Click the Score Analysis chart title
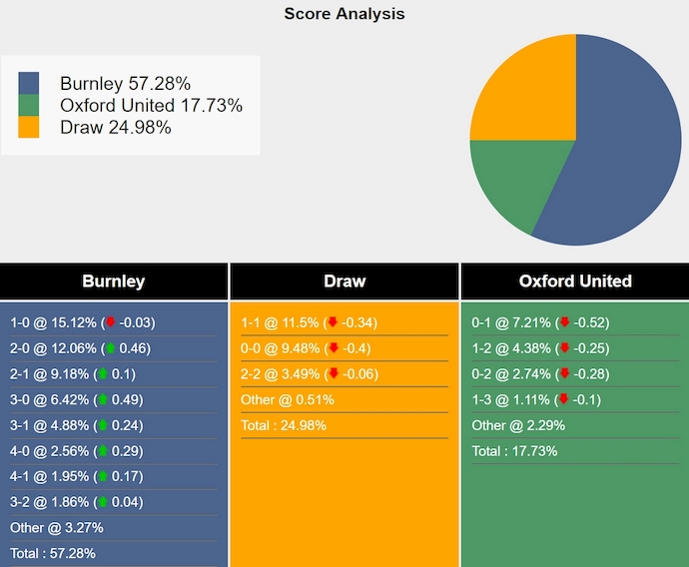[344, 14]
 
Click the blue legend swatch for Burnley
[29, 83]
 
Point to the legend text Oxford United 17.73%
[151, 105]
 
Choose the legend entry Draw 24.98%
[116, 127]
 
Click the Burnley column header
[114, 282]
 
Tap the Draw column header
[344, 282]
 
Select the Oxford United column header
[575, 282]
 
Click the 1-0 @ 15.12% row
[82, 322]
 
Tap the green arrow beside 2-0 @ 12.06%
[110, 348]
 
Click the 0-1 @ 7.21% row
[540, 322]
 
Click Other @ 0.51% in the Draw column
[288, 399]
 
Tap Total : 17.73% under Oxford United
[514, 450]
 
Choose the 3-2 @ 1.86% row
[77, 502]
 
